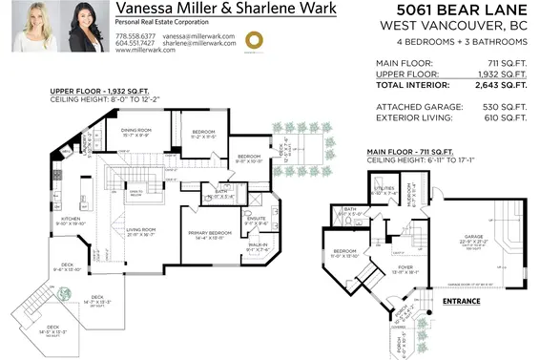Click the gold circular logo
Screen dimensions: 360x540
tap(255, 40)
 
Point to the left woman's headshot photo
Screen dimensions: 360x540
tap(34, 27)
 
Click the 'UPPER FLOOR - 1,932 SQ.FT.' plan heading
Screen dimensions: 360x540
tap(94, 93)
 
